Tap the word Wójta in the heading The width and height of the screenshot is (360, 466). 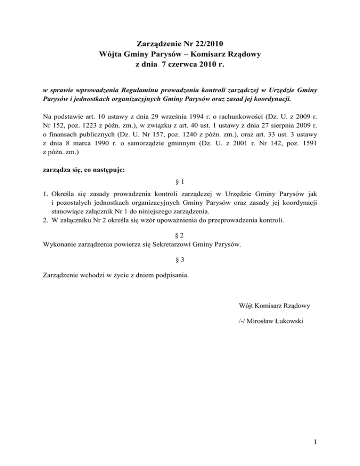113,54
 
